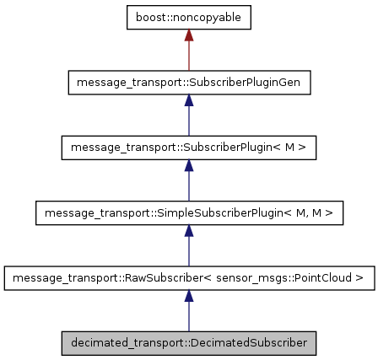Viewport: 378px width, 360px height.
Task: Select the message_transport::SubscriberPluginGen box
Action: click(x=189, y=83)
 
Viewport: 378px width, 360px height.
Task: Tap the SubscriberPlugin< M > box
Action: click(x=189, y=148)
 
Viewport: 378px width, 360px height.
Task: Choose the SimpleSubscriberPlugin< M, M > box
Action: click(x=189, y=212)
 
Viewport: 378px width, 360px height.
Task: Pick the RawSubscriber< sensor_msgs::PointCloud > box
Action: click(x=189, y=277)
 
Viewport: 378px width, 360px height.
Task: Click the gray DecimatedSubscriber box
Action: click(x=189, y=342)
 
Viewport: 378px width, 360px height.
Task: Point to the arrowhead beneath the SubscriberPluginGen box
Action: click(x=189, y=100)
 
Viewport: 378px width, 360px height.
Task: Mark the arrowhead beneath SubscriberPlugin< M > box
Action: click(x=189, y=165)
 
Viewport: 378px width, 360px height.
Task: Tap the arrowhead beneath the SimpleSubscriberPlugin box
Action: click(x=189, y=230)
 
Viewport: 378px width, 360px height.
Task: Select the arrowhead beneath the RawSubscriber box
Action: click(x=189, y=295)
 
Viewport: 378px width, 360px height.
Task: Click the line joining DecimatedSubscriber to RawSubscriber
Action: click(x=189, y=317)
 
